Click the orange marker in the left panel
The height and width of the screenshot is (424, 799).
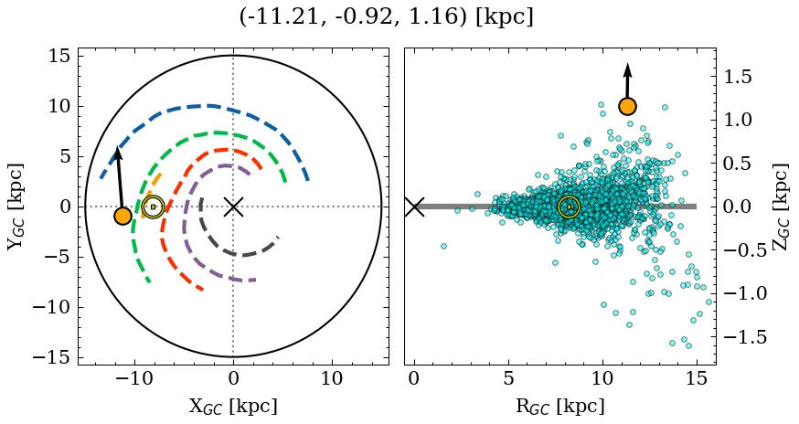(x=123, y=216)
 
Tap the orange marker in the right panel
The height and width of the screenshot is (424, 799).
(x=627, y=106)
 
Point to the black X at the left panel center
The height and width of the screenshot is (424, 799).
(x=233, y=207)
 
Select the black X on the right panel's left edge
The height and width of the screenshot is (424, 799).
(x=414, y=207)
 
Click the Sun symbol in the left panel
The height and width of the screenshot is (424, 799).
(x=153, y=207)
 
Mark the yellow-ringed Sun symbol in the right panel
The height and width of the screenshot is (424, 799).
(x=569, y=207)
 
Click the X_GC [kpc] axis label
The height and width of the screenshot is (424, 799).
(x=233, y=406)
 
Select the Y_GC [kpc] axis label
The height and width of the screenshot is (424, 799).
(x=16, y=207)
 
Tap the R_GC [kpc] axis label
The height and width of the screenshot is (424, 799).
(x=559, y=406)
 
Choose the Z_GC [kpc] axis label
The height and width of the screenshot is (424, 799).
(x=779, y=207)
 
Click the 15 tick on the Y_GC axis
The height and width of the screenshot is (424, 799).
(x=59, y=56)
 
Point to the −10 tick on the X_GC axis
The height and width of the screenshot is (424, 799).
(x=134, y=378)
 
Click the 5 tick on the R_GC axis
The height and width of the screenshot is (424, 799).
(x=508, y=378)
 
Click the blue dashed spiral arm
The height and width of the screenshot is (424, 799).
(x=210, y=108)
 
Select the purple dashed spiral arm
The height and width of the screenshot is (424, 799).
(x=187, y=219)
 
